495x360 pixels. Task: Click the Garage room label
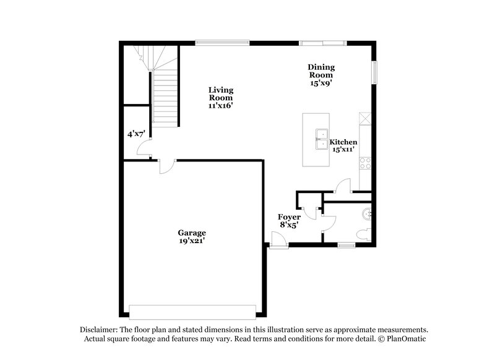point(192,233)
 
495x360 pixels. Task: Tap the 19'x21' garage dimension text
point(192,241)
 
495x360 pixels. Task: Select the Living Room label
point(220,93)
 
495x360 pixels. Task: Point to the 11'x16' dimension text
point(220,106)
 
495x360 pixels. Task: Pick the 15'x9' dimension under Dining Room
point(322,83)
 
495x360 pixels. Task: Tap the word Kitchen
point(343,142)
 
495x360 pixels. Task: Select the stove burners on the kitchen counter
point(365,164)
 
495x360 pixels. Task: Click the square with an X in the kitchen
point(365,118)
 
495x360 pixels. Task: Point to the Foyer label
point(289,217)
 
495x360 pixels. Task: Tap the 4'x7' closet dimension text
point(136,134)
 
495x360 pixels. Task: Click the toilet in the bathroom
point(365,234)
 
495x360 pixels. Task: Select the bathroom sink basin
point(367,214)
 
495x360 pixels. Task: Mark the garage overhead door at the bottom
point(192,311)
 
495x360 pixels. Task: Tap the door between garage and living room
point(166,165)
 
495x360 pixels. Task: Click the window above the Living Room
point(223,42)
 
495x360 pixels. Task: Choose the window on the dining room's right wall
point(373,72)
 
